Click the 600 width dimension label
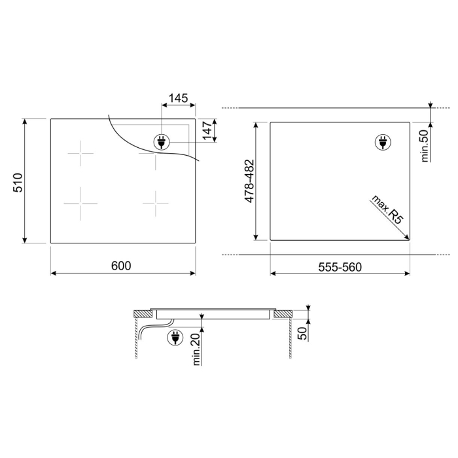pos(121,266)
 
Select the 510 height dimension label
pos(18,183)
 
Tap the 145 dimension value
pos(178,98)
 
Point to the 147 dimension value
pos(207,131)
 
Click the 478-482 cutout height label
pos(250,181)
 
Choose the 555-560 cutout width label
pos(340,267)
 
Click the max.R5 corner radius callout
pos(386,209)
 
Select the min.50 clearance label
pos(425,146)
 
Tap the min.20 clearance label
pos(196,349)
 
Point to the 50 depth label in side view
pos(302,333)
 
